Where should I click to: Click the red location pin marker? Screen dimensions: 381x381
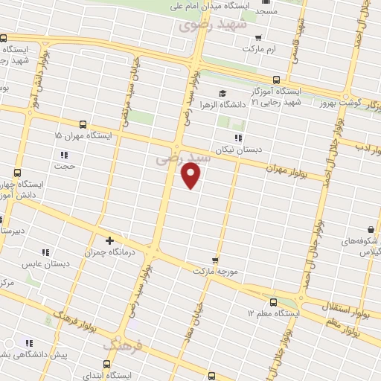pos(191,175)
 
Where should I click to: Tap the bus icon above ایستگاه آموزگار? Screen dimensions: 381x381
pos(276,80)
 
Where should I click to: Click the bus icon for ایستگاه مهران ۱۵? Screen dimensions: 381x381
pos(83,124)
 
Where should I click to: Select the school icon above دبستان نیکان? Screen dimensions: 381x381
pos(237,138)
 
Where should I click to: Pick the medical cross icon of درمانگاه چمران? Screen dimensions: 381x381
pos(109,240)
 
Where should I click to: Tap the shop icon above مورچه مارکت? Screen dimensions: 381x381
pos(215,260)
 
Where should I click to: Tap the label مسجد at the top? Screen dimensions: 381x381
pos(266,12)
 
